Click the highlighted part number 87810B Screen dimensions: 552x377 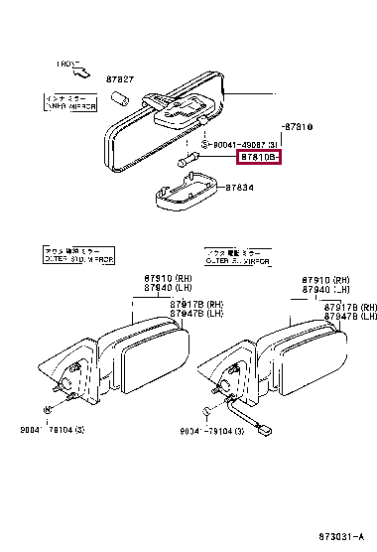(259, 156)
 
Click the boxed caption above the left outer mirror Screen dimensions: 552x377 (79, 256)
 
